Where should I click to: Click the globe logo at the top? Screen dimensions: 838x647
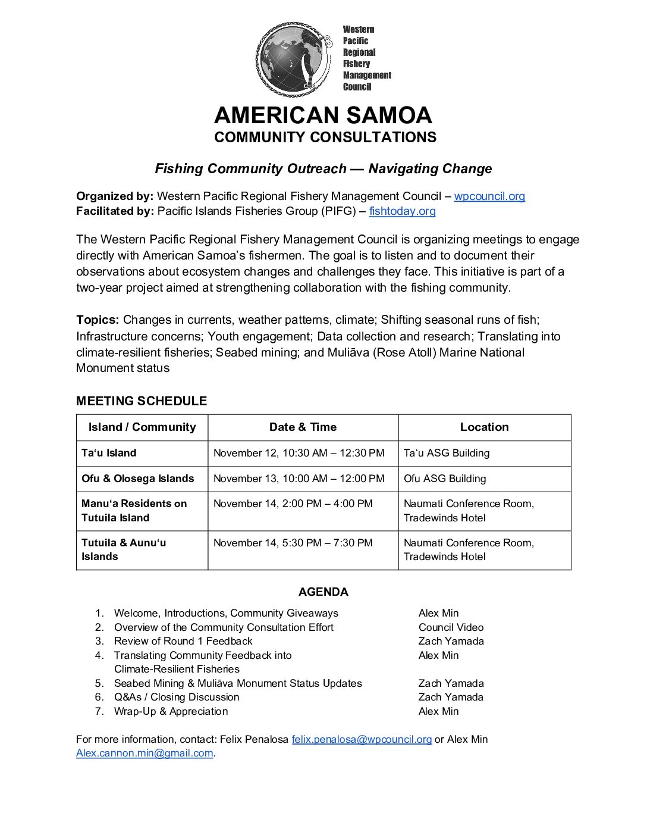(293, 59)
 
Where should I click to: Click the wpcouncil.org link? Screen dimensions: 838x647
(489, 196)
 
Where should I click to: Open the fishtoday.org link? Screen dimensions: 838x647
(402, 211)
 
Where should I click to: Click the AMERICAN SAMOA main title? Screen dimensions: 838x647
(323, 115)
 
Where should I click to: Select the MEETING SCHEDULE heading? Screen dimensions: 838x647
(142, 401)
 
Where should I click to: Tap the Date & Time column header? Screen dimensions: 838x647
(303, 427)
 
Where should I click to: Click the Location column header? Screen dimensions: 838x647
(484, 427)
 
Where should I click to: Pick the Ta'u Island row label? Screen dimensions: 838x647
(109, 453)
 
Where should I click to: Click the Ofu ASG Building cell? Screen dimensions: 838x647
(445, 479)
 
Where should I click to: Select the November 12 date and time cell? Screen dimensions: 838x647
(299, 453)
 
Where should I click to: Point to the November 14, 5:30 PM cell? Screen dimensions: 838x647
(293, 543)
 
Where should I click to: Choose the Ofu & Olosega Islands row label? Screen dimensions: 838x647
(137, 479)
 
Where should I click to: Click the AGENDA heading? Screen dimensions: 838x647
(323, 592)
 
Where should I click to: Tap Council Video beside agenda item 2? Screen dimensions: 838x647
(451, 627)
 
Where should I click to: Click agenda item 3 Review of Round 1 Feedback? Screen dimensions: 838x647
(183, 641)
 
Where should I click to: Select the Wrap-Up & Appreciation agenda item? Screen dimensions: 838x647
(171, 711)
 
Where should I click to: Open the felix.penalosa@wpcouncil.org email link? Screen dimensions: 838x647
(362, 739)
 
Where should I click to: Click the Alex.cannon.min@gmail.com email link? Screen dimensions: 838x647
(145, 753)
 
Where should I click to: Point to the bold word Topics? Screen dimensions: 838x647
(98, 320)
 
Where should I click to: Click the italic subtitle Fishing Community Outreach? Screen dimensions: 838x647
(323, 168)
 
